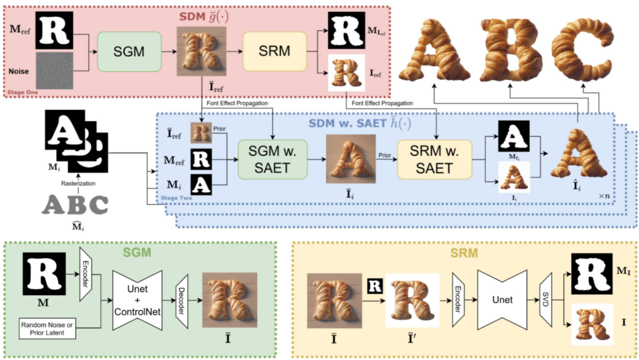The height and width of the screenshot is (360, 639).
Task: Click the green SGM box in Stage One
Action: (129, 52)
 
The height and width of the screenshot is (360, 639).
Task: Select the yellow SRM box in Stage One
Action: (274, 51)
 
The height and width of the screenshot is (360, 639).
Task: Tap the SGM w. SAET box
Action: (273, 159)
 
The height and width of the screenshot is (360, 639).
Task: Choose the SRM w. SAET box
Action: (434, 159)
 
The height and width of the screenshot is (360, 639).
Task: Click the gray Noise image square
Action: (54, 72)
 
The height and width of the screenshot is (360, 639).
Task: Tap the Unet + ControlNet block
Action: (137, 299)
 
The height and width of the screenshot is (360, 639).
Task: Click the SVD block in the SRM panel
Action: (545, 300)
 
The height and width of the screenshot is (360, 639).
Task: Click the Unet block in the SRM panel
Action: (502, 300)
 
